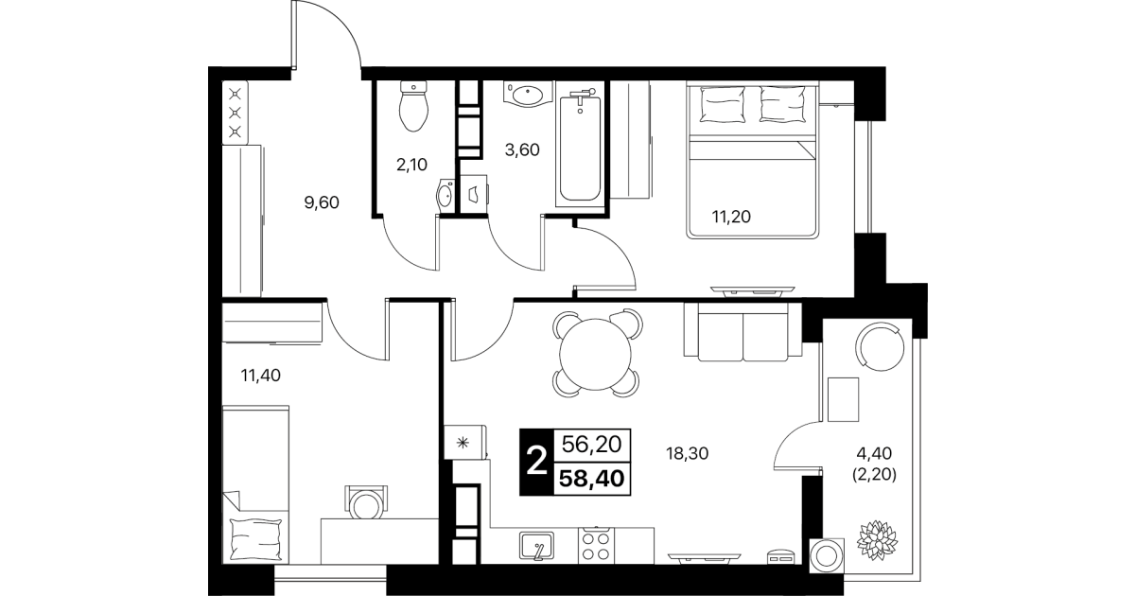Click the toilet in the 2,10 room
tap(414, 107)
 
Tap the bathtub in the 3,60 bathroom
tap(580, 144)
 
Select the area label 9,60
tap(322, 202)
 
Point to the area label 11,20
tap(731, 217)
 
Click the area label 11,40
tap(261, 376)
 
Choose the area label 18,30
tap(687, 453)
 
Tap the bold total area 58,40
tap(591, 479)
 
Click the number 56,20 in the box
tap(591, 445)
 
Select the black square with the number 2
tap(537, 462)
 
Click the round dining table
tap(596, 355)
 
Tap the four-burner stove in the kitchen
tap(597, 546)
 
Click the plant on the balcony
tap(877, 539)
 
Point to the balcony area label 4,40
tap(874, 453)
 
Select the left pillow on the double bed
tap(722, 104)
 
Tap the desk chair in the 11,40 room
tap(366, 502)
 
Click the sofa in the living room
tap(743, 332)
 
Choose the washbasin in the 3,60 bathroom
tap(529, 95)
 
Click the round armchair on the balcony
tap(880, 347)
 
